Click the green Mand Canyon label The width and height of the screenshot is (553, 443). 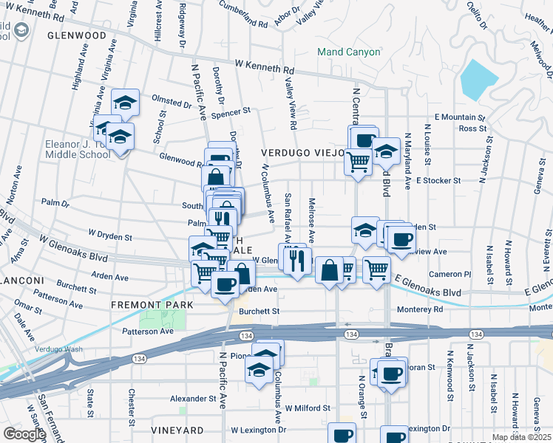click(x=348, y=52)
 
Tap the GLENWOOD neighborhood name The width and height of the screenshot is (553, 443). click(x=77, y=35)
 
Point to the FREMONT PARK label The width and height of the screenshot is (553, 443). click(x=152, y=305)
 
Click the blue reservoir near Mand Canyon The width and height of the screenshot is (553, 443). click(x=478, y=80)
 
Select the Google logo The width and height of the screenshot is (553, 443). click(x=24, y=434)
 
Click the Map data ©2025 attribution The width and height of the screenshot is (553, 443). click(x=521, y=437)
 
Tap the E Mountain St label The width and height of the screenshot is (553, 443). click(x=459, y=117)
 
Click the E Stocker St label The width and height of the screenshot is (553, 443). click(x=438, y=180)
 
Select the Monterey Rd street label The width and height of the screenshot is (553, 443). click(x=418, y=309)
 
